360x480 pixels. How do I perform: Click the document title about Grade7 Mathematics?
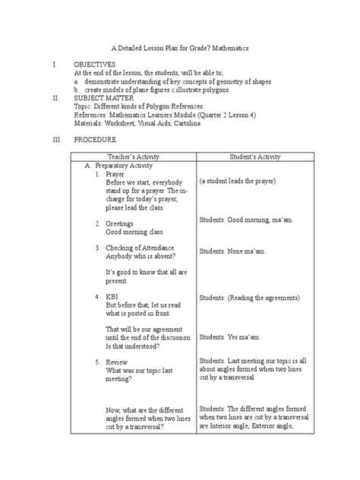click(x=179, y=48)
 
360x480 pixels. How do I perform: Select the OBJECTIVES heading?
click(x=94, y=66)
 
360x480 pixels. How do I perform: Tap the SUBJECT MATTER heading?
click(x=103, y=98)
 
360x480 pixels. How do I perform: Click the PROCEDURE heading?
click(x=95, y=141)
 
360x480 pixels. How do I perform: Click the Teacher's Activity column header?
click(x=134, y=156)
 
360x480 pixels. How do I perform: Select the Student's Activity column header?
click(x=255, y=156)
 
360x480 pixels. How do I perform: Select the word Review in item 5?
click(x=118, y=362)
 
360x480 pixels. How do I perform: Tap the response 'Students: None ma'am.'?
click(x=232, y=249)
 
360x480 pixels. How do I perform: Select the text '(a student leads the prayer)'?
click(x=249, y=183)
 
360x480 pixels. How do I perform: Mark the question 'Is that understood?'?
click(x=133, y=346)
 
